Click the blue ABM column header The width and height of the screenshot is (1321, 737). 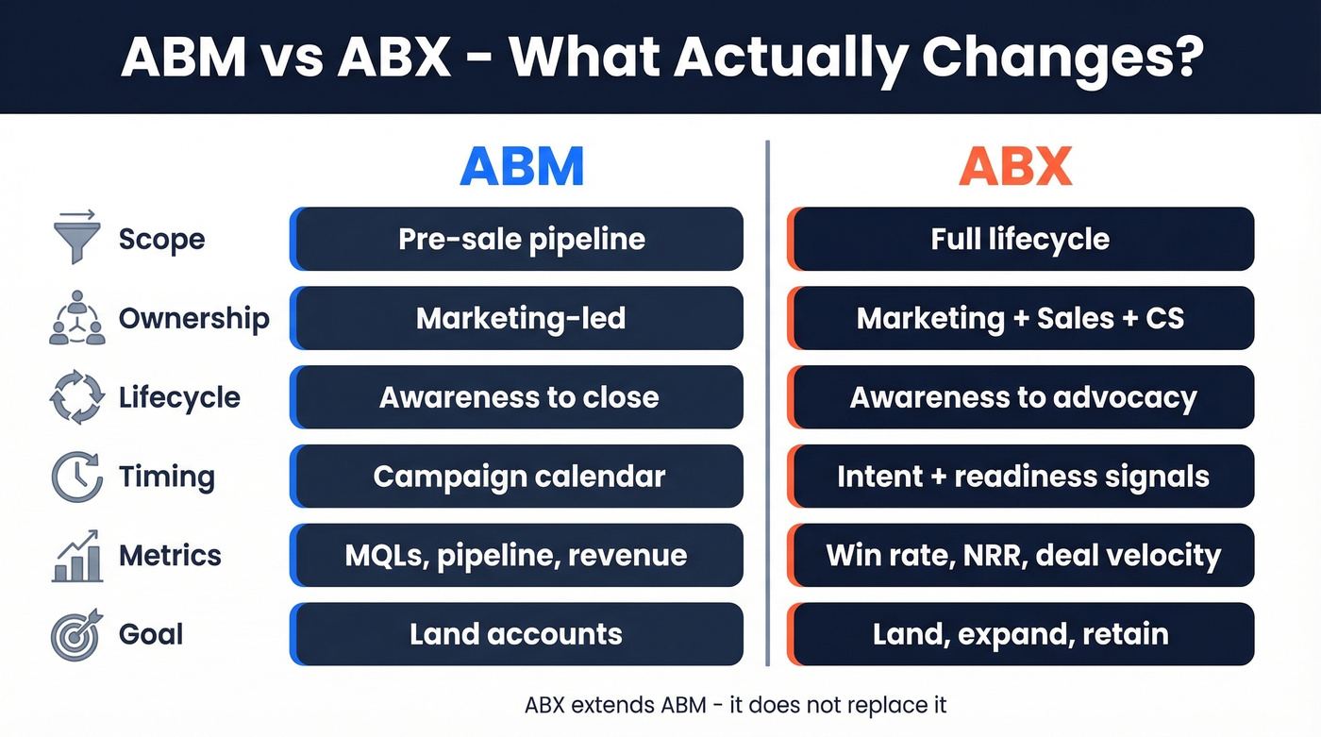coord(522,167)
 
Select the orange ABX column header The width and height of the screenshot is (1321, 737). coord(1015,167)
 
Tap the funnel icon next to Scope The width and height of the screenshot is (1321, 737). coord(76,239)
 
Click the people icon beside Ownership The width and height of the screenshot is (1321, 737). coord(76,318)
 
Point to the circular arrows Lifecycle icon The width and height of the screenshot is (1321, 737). coord(76,397)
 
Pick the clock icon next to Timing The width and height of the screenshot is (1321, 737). coord(76,477)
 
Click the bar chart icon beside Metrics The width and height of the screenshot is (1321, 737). coord(76,555)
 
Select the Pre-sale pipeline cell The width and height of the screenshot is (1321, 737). coord(517,239)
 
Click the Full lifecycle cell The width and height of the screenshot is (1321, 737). coord(1020,239)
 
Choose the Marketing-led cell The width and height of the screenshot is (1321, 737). coord(517,318)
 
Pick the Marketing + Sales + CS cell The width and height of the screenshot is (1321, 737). coord(1020,318)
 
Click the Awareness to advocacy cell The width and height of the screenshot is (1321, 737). coord(1020,397)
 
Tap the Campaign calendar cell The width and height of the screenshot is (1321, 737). coord(517,477)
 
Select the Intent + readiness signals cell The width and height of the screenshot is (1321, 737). coord(1020,477)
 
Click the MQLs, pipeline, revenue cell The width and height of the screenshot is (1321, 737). coord(517,555)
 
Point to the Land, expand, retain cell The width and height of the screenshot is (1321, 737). coord(1020,634)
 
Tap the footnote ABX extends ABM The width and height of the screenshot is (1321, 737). coord(735,704)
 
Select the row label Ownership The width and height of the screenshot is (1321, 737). coord(193,318)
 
